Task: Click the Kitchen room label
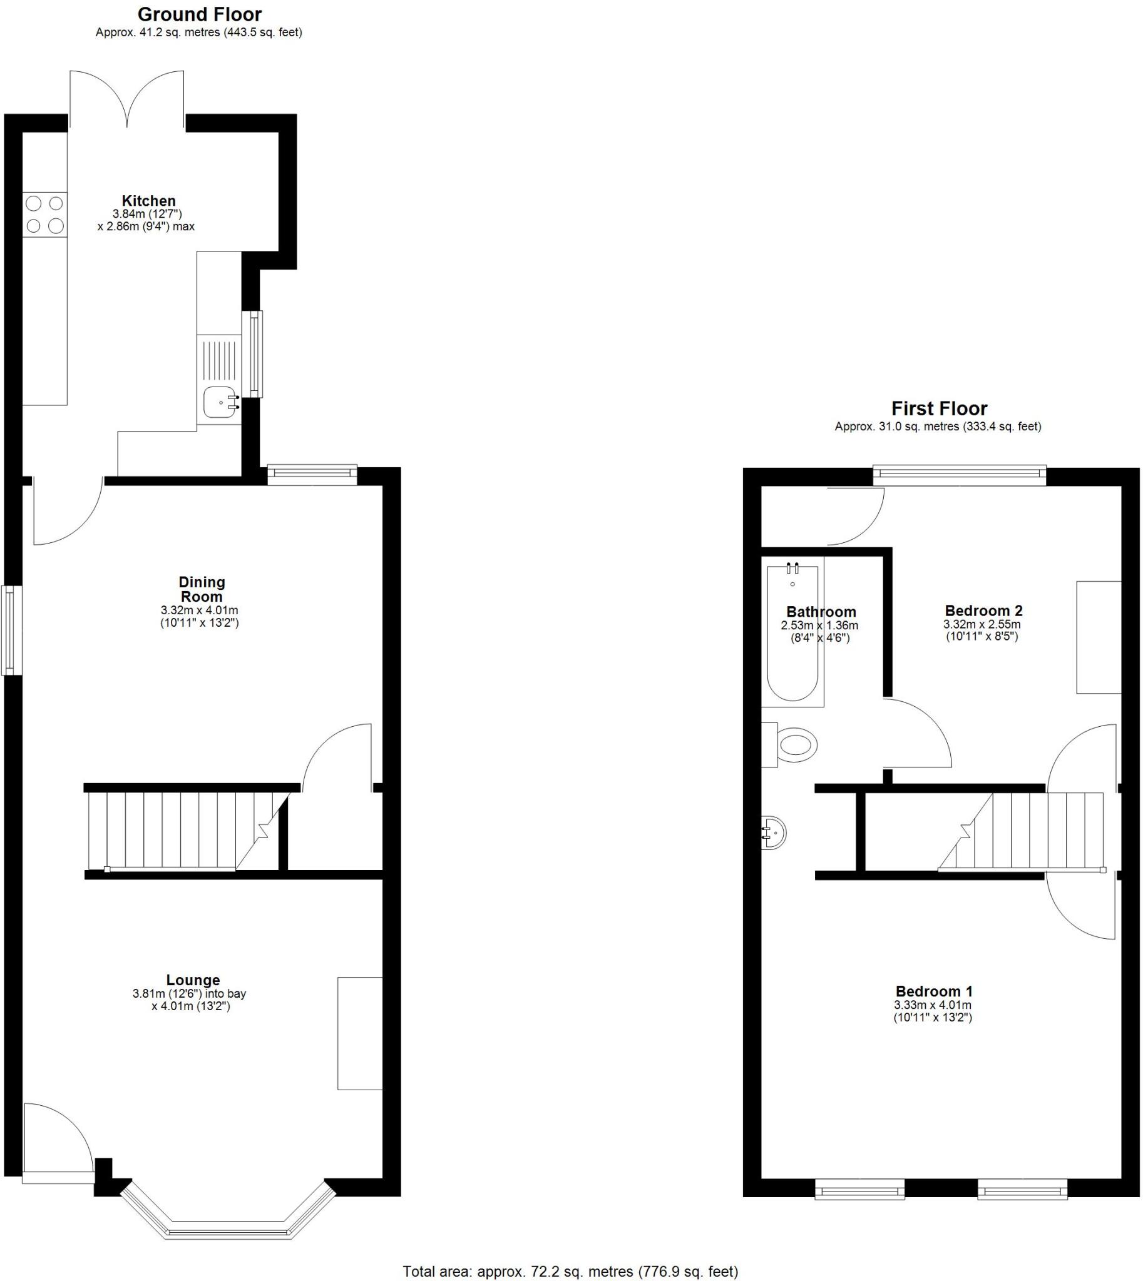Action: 148,201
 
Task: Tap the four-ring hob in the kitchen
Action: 44,215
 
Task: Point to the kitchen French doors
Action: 127,101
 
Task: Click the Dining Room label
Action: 202,589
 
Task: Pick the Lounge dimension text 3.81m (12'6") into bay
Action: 189,993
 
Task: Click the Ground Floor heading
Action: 199,14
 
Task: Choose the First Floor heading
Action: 939,408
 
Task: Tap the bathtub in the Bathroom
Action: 792,634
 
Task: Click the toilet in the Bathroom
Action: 794,745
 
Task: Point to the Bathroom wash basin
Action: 774,833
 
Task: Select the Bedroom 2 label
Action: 983,610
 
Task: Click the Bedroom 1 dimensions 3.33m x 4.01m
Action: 933,1005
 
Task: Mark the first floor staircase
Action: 1030,831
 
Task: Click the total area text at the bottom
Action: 570,1272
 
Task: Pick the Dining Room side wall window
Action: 11,630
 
